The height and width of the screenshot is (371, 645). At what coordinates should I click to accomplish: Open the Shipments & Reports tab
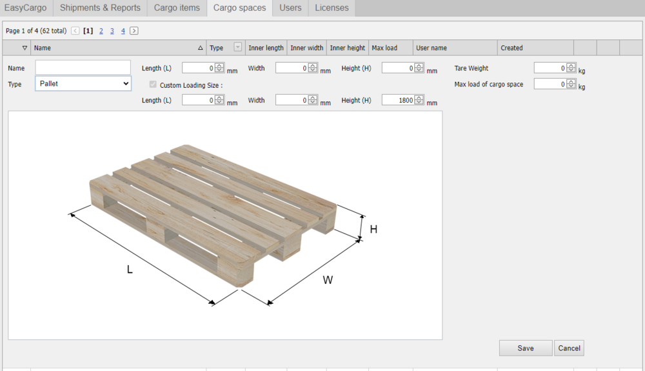click(x=100, y=8)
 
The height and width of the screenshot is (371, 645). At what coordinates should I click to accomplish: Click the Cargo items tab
click(x=177, y=8)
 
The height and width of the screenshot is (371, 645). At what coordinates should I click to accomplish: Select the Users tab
click(x=290, y=8)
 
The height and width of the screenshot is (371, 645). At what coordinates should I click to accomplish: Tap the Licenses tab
click(x=332, y=8)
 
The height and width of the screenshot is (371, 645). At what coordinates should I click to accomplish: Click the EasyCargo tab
click(x=26, y=8)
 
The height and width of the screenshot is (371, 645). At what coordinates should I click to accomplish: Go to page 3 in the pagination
click(x=112, y=31)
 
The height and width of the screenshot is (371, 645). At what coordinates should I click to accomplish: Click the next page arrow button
click(x=134, y=31)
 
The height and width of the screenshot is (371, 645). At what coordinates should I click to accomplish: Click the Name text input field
click(x=83, y=68)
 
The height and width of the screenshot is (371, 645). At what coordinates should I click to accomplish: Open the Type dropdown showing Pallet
click(x=83, y=84)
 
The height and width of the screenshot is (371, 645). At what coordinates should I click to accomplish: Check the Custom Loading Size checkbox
click(x=153, y=85)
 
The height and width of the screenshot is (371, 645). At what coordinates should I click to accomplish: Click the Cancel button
click(x=569, y=348)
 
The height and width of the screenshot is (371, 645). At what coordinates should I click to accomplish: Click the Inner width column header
click(x=307, y=48)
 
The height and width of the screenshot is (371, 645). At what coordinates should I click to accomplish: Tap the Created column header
click(x=512, y=48)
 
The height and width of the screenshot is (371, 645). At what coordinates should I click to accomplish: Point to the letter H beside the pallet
click(x=373, y=229)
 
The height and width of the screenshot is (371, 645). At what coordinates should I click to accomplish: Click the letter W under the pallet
click(x=328, y=280)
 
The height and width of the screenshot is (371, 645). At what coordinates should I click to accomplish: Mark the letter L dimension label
click(x=130, y=270)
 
